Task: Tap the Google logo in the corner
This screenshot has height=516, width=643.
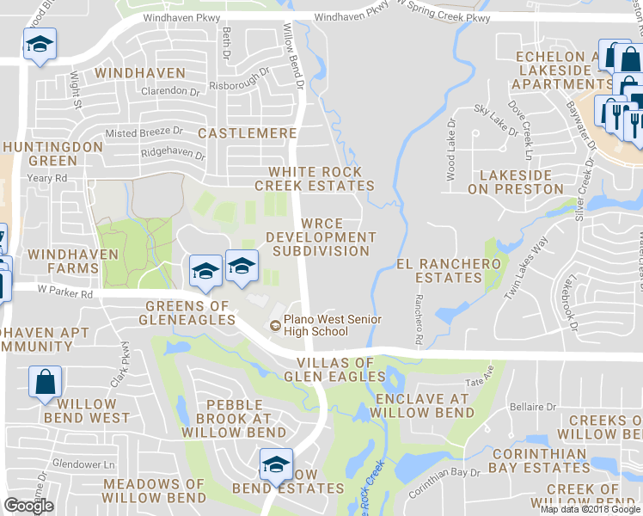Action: pyautogui.click(x=28, y=507)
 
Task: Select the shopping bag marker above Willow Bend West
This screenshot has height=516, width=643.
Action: pyautogui.click(x=45, y=382)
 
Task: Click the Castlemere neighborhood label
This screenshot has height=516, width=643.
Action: pyautogui.click(x=248, y=133)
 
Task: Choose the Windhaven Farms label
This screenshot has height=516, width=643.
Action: pyautogui.click(x=63, y=261)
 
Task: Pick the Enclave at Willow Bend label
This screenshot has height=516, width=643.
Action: pyautogui.click(x=424, y=406)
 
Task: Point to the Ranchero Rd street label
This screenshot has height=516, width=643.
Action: pyautogui.click(x=418, y=320)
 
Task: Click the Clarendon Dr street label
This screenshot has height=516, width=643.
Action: pyautogui.click(x=153, y=90)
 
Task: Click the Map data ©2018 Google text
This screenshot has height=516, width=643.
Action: pyautogui.click(x=591, y=509)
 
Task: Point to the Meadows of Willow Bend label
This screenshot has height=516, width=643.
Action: pyautogui.click(x=154, y=491)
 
